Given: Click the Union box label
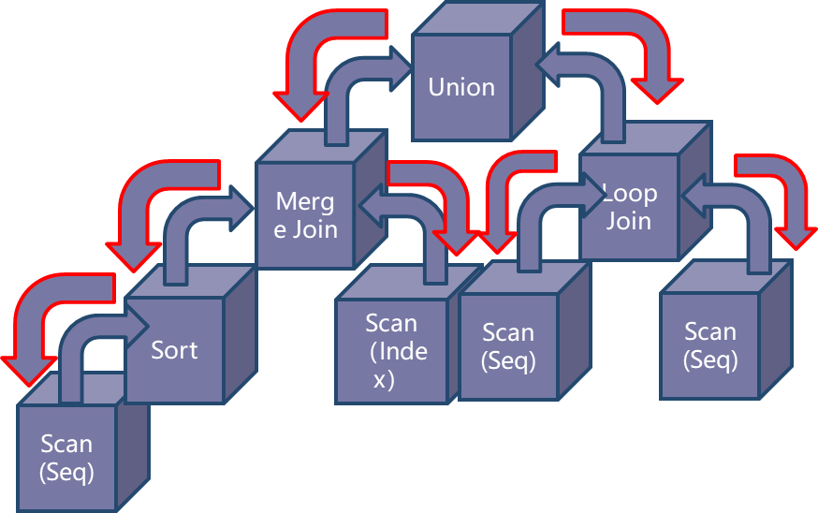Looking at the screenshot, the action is click(x=461, y=87).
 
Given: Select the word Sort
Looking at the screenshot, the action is click(x=174, y=350).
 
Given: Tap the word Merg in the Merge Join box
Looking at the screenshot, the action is click(x=305, y=202).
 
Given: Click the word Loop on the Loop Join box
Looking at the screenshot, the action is click(x=630, y=194).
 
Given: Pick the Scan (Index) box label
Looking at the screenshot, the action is click(x=395, y=351).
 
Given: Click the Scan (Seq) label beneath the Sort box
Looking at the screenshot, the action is click(x=66, y=458).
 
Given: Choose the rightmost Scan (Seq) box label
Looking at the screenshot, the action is click(x=710, y=345).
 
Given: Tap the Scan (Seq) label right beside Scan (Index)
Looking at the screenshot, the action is click(x=508, y=346).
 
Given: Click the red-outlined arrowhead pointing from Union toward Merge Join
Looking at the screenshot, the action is click(x=301, y=106).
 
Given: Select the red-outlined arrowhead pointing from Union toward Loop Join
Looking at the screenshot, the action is click(x=657, y=90).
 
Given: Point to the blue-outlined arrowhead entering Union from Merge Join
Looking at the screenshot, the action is click(x=401, y=68).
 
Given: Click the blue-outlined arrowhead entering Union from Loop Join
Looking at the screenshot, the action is click(x=548, y=65).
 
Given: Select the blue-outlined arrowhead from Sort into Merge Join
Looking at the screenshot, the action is click(x=241, y=208).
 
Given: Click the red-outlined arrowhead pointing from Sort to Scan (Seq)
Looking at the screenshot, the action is click(x=29, y=371).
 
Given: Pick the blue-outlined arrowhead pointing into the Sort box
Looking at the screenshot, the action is click(x=137, y=326).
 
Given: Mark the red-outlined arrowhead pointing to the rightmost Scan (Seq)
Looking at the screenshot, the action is click(x=796, y=238).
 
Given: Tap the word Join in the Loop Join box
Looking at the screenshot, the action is click(x=629, y=221).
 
